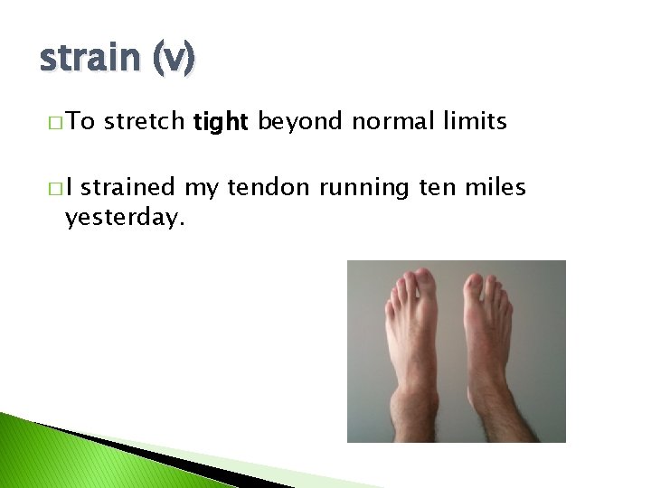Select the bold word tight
tap(221, 122)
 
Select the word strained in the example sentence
tap(132, 188)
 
